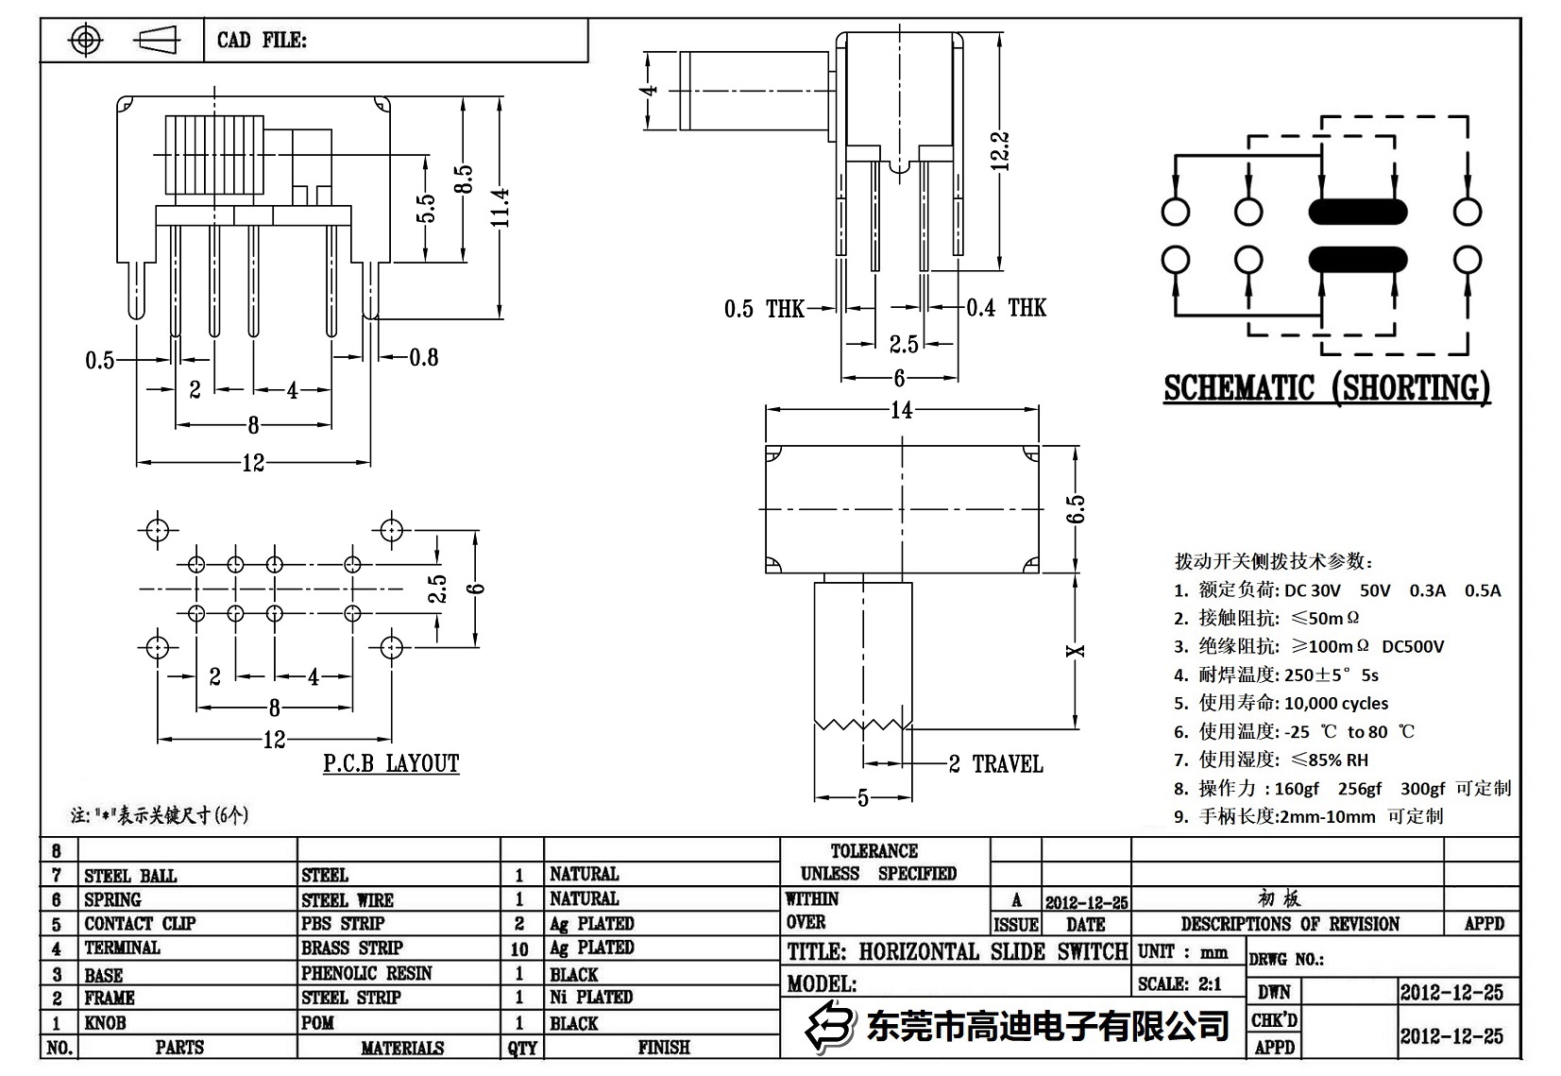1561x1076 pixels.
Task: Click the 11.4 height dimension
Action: (501, 207)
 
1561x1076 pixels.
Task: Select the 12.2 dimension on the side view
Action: (1001, 151)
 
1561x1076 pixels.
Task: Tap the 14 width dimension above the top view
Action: (901, 410)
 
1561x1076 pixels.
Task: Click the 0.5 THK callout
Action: (764, 309)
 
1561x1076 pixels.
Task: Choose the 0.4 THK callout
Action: (1006, 308)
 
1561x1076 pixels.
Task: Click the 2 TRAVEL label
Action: (995, 764)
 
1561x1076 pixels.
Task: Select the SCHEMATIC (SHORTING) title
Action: (1326, 388)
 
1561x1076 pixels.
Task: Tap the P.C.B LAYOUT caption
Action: (391, 763)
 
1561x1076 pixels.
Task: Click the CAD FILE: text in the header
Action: (262, 41)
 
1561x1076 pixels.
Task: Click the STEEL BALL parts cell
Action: (130, 876)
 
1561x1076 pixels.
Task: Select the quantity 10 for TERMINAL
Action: (519, 948)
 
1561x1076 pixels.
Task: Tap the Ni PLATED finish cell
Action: (591, 997)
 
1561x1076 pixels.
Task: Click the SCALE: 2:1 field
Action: (1179, 984)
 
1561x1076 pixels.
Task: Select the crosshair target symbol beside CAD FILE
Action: (86, 41)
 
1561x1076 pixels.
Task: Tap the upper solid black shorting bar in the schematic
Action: (1357, 212)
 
